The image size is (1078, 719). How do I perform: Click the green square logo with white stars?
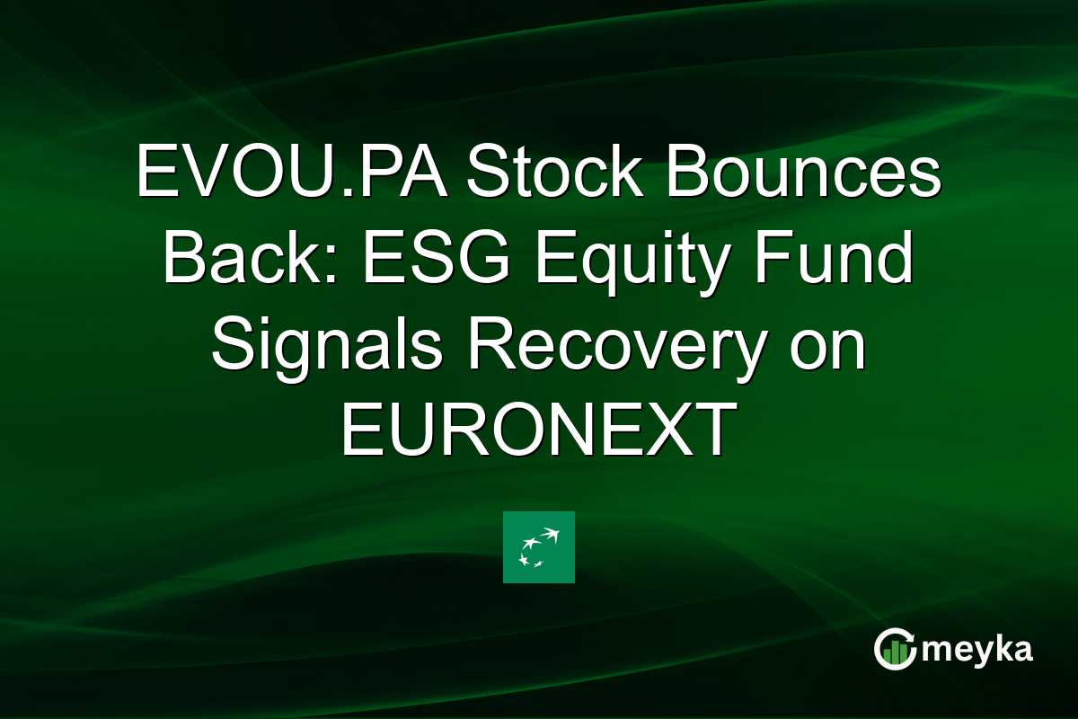point(538,547)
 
